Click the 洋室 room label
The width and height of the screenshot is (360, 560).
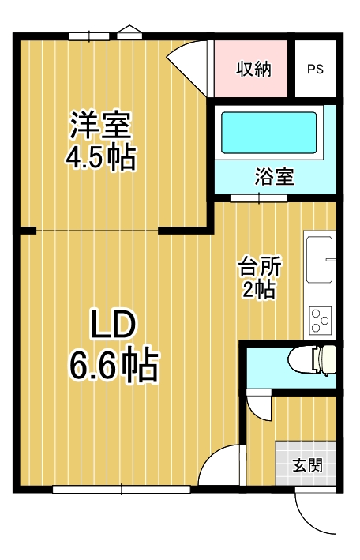[101, 125]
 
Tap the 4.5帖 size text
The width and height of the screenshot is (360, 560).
[100, 157]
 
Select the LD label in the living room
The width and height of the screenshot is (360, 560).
[113, 325]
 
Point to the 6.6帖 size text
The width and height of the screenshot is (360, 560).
[114, 364]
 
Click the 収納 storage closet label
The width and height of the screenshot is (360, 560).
[254, 68]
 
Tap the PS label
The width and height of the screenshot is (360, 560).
[315, 69]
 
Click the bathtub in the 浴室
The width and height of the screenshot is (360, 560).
[268, 133]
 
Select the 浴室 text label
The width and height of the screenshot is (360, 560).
[274, 176]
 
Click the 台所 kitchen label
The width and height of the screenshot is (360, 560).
[260, 266]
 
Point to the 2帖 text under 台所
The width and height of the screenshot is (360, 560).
[259, 289]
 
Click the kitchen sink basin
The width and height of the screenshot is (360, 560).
[320, 260]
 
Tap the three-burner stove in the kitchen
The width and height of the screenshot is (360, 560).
[321, 321]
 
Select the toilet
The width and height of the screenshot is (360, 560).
[312, 360]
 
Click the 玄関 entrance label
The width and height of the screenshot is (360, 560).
[308, 465]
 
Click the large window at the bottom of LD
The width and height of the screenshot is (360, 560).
[122, 489]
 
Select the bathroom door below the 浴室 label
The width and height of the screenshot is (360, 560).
[259, 198]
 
